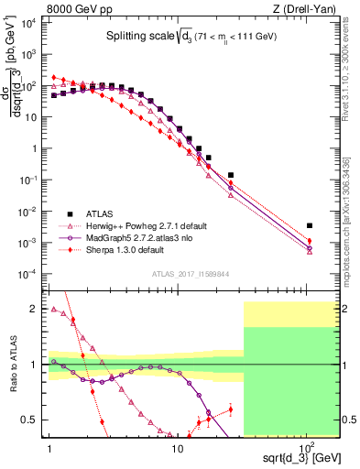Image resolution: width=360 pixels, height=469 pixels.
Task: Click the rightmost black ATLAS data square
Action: pos(310,225)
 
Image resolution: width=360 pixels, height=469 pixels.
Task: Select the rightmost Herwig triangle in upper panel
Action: pos(310,252)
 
